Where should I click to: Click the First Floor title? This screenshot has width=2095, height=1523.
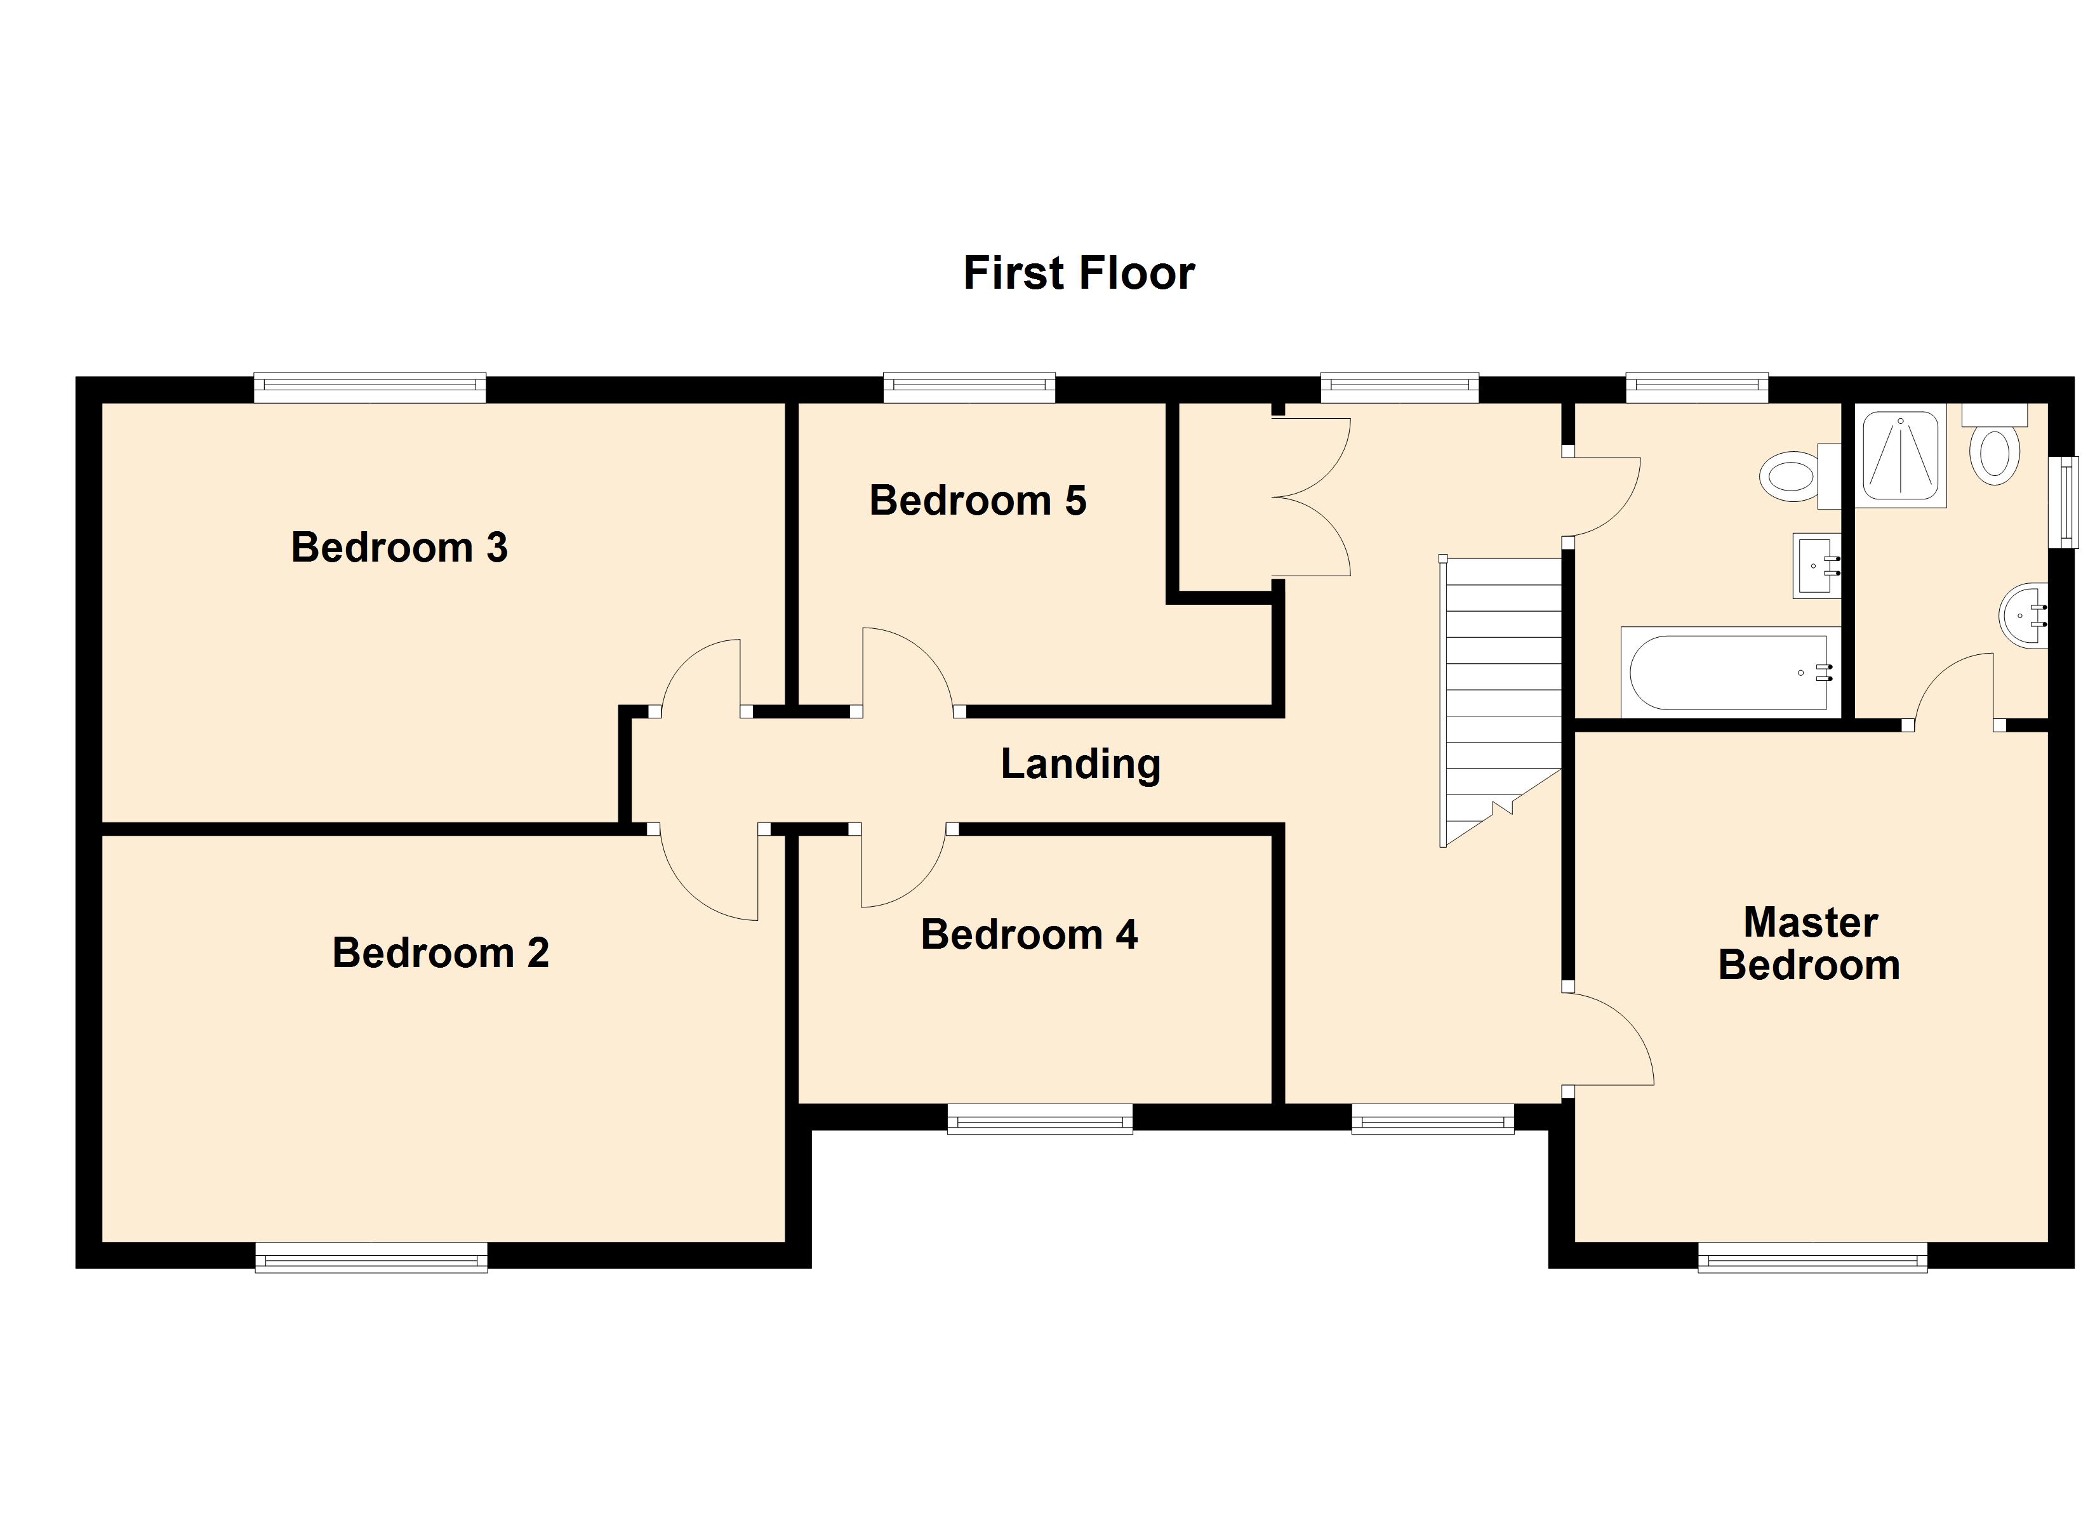point(1078,274)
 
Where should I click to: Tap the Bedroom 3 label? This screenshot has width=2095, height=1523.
point(399,548)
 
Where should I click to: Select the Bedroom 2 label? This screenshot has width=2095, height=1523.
point(441,953)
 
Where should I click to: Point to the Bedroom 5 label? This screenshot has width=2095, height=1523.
point(977,501)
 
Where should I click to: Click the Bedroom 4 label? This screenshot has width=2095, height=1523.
point(1029,935)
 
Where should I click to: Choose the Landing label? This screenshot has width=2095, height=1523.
point(1080,764)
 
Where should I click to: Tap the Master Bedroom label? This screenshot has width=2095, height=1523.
point(1809,944)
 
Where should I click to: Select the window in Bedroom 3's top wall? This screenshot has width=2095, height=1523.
point(369,387)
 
